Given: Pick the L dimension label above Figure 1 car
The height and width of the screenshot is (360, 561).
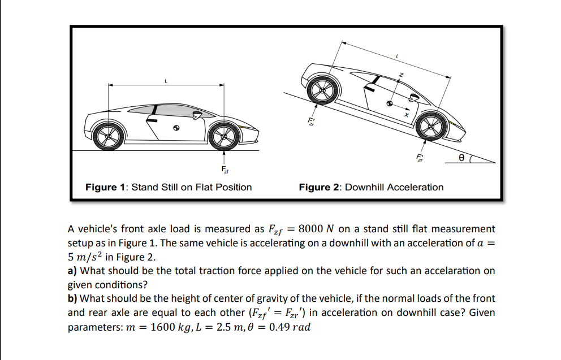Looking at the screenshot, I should click(x=166, y=81).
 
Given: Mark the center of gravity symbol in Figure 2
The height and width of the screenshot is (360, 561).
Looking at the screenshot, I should click(x=389, y=104).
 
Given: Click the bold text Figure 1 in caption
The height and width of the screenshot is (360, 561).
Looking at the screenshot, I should click(x=106, y=187).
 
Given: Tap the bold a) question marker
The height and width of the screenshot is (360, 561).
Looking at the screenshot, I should click(x=73, y=271).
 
